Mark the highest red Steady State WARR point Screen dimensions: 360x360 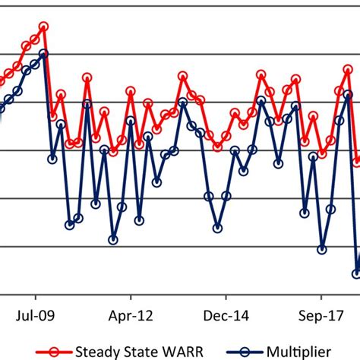(x=44, y=27)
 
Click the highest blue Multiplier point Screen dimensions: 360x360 (x=44, y=54)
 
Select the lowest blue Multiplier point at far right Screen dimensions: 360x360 (x=356, y=273)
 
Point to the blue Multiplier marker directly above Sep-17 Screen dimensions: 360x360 (x=322, y=249)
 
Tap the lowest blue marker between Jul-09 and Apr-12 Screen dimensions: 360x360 (x=113, y=239)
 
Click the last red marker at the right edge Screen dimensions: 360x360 (x=356, y=162)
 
